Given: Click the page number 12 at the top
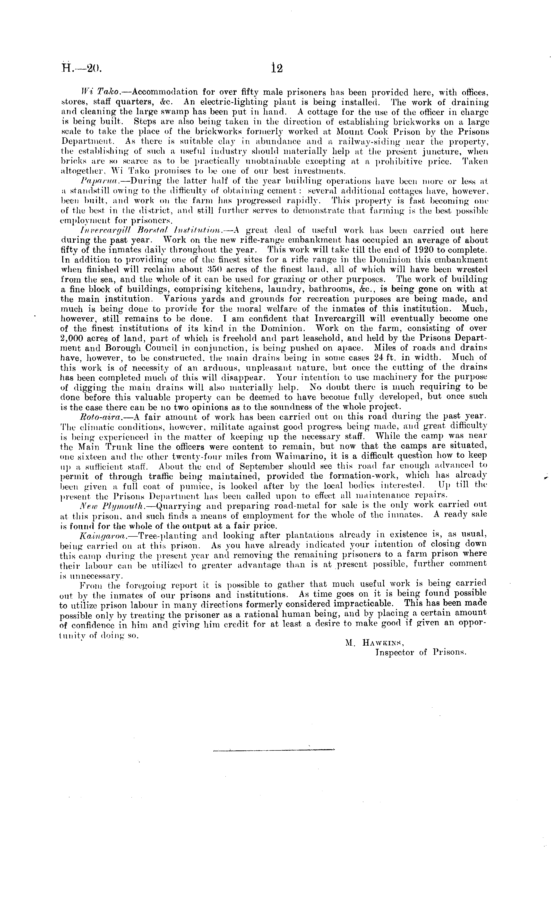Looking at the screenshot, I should point(277,68).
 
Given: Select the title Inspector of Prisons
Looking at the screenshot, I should point(421,653).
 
